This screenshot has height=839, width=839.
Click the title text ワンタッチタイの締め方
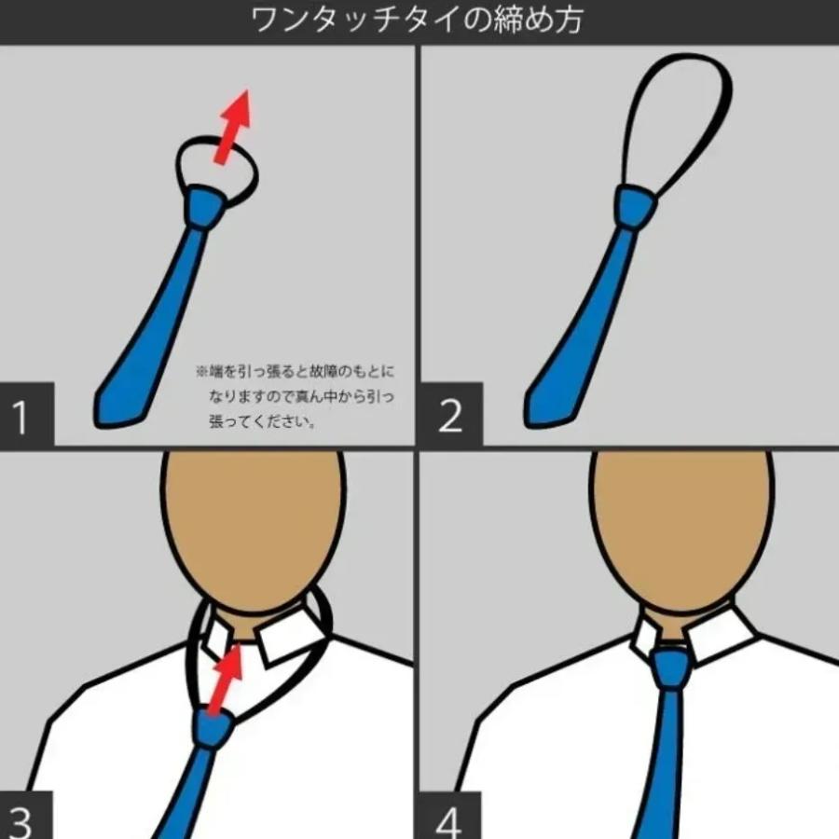417,21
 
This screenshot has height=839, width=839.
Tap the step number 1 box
27,414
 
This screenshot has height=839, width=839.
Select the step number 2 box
451,414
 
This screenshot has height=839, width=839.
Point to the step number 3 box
27,815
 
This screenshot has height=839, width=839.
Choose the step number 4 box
450,815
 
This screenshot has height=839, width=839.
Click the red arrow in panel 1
233,127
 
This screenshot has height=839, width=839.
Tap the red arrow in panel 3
225,680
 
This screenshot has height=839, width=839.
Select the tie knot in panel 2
635,206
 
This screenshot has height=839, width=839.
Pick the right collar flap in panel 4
721,635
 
